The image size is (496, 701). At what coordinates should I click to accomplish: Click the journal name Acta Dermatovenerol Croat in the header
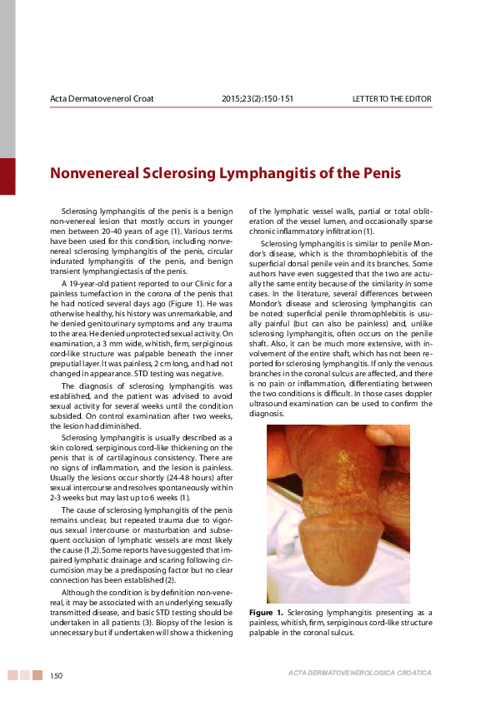click(x=102, y=99)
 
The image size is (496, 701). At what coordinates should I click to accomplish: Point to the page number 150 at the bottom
click(x=57, y=675)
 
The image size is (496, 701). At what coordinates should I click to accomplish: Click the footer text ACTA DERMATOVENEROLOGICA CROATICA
click(x=359, y=673)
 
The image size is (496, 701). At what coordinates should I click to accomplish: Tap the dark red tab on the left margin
click(x=8, y=176)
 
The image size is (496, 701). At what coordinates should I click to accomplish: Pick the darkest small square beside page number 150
click(x=38, y=675)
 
